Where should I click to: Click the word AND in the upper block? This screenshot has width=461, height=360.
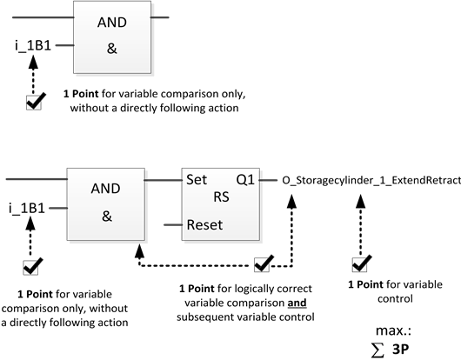pyautogui.click(x=111, y=24)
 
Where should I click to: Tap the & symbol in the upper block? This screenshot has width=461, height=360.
pyautogui.click(x=111, y=49)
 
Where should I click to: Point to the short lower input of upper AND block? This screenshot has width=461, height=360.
pyautogui.click(x=63, y=44)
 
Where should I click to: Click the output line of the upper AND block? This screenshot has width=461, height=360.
pyautogui.click(x=160, y=17)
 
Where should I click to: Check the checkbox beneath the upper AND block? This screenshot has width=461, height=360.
pyautogui.click(x=35, y=103)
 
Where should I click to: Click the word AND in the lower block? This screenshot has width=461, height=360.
pyautogui.click(x=107, y=189)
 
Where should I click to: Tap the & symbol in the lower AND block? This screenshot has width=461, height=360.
pyautogui.click(x=107, y=216)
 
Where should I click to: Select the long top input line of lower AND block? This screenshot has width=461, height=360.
pyautogui.click(x=36, y=179)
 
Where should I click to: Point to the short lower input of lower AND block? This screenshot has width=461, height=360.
pyautogui.click(x=57, y=209)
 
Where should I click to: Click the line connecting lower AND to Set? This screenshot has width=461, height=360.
pyautogui.click(x=163, y=181)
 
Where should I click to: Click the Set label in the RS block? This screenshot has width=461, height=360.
pyautogui.click(x=196, y=181)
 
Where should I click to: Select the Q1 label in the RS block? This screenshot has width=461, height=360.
pyautogui.click(x=245, y=181)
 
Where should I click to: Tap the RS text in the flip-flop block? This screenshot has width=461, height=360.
pyautogui.click(x=221, y=197)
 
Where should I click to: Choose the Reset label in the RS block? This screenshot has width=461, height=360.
pyautogui.click(x=204, y=224)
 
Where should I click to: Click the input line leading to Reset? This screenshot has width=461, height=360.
pyautogui.click(x=172, y=225)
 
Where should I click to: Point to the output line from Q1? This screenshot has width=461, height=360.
pyautogui.click(x=269, y=181)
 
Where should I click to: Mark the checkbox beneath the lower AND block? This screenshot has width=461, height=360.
pyautogui.click(x=32, y=266)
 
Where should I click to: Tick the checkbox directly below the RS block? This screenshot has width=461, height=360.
pyautogui.click(x=264, y=263)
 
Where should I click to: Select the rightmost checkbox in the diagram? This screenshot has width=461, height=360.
pyautogui.click(x=361, y=263)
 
